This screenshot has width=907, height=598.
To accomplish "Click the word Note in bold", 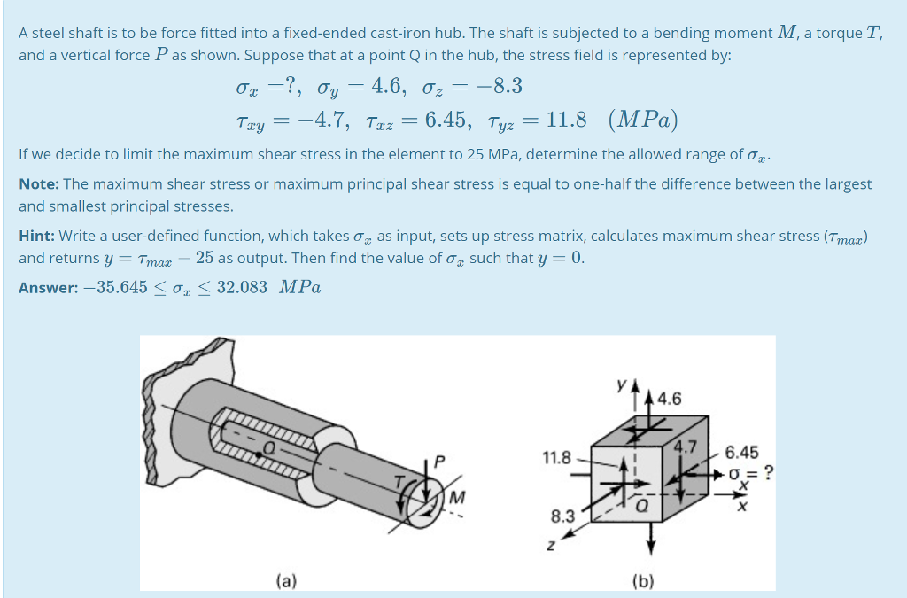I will [37, 184].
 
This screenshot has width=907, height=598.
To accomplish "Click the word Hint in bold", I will [35, 237].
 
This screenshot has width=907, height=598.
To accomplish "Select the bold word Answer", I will [46, 287].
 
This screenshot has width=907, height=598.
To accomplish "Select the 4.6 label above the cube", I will [669, 399].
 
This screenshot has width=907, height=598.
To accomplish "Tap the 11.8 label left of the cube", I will [555, 458].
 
